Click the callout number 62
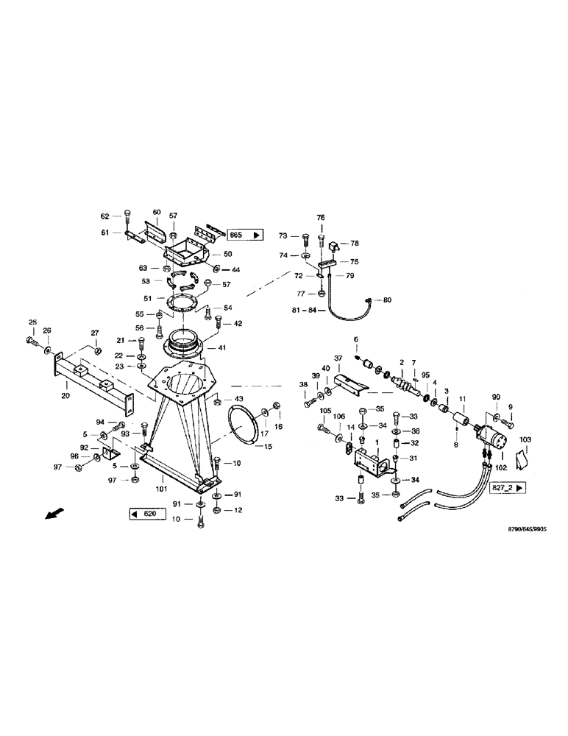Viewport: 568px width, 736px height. coord(105,216)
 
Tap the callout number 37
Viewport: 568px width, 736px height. coord(338,358)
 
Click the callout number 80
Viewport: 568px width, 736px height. coord(388,300)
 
